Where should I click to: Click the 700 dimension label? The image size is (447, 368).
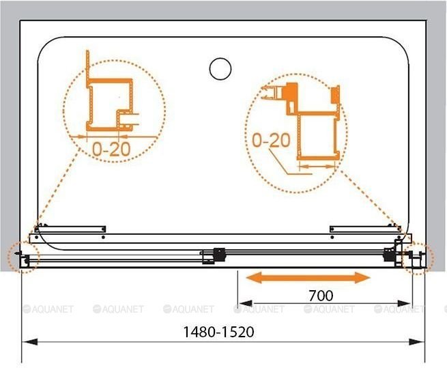[x=321, y=296]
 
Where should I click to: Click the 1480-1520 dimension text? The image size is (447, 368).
[x=218, y=332]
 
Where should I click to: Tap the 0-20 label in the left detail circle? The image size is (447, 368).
[x=111, y=149]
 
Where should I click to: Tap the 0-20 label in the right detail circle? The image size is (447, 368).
[x=271, y=141]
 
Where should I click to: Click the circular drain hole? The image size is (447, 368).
[x=220, y=69]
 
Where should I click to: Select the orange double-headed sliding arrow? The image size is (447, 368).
[x=308, y=278]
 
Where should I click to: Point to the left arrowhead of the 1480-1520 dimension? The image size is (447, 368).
[x=29, y=342]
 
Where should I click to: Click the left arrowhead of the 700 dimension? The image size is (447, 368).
[x=246, y=303]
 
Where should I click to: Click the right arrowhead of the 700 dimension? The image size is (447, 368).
[x=405, y=303]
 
